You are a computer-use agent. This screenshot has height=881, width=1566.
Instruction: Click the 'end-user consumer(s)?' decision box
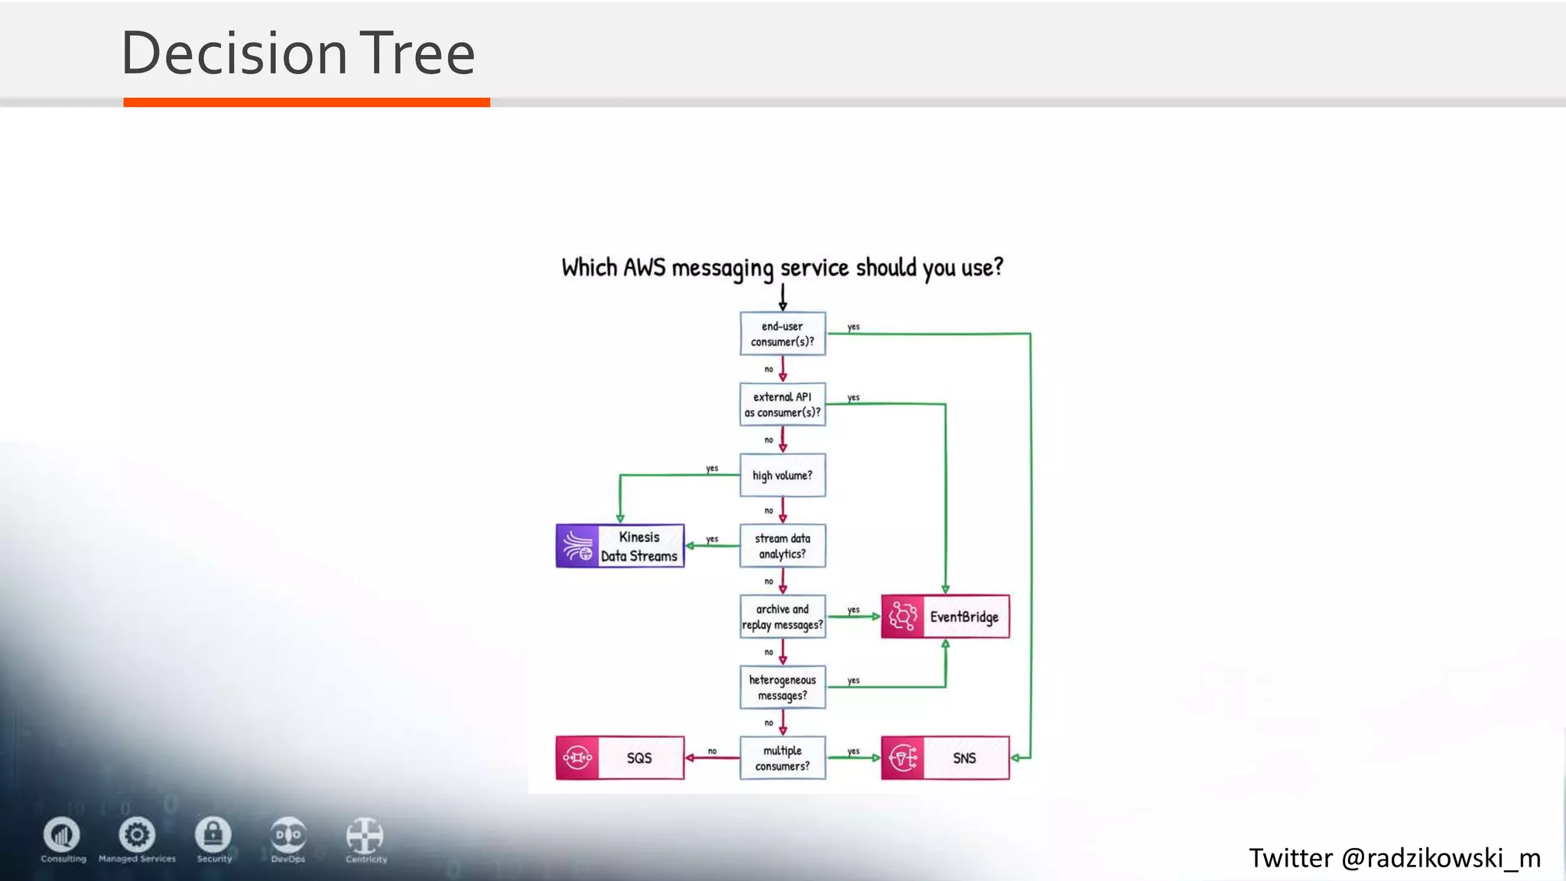782,333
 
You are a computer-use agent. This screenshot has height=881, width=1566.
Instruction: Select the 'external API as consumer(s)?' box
782,405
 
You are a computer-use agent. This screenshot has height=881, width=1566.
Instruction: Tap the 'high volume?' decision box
782,475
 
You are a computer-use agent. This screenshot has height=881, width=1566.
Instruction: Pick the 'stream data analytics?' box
782,546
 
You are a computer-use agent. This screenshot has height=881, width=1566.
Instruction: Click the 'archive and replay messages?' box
782,616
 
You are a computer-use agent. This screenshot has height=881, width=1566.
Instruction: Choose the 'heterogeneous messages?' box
782,688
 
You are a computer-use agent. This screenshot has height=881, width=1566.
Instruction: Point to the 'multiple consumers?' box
782,758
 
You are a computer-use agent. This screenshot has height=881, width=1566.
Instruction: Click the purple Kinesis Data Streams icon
577,546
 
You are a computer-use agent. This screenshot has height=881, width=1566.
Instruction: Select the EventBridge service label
963,616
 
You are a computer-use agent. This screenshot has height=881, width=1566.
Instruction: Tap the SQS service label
639,758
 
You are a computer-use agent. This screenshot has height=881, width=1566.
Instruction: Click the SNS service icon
903,758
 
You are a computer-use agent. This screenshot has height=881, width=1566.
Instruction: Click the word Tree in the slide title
417,54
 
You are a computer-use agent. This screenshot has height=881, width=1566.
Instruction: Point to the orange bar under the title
306,102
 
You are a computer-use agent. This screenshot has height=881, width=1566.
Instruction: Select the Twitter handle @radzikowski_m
1441,858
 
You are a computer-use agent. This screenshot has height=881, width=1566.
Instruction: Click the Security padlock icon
213,834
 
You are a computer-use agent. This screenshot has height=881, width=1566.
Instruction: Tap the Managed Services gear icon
137,834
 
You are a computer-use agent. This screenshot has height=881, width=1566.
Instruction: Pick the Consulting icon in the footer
62,834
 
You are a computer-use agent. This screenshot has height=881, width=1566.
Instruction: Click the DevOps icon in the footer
288,834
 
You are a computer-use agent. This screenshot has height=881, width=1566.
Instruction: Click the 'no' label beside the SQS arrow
712,751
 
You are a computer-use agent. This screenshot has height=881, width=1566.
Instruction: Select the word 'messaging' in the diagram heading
723,268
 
